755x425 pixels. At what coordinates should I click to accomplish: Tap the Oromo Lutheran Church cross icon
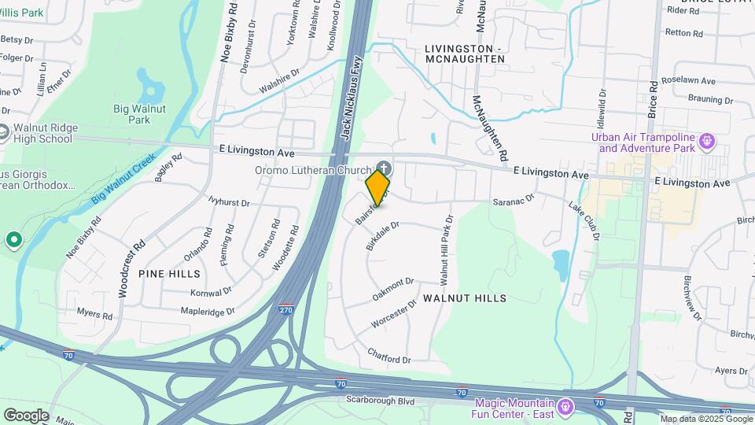point(384,168)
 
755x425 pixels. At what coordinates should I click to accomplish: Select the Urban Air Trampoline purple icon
point(707,142)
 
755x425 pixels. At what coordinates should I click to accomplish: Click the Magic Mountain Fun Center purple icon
point(565,408)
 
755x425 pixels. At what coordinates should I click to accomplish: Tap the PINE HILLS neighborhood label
point(169,273)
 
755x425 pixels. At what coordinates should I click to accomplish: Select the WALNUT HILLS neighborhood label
point(464,298)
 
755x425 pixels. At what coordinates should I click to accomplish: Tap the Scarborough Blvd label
point(380,400)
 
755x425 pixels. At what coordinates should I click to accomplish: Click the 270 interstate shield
point(287,309)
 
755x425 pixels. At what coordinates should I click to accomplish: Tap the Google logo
point(26,415)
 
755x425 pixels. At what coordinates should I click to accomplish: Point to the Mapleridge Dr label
point(208,311)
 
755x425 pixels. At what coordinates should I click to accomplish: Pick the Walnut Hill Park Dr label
point(446,250)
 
